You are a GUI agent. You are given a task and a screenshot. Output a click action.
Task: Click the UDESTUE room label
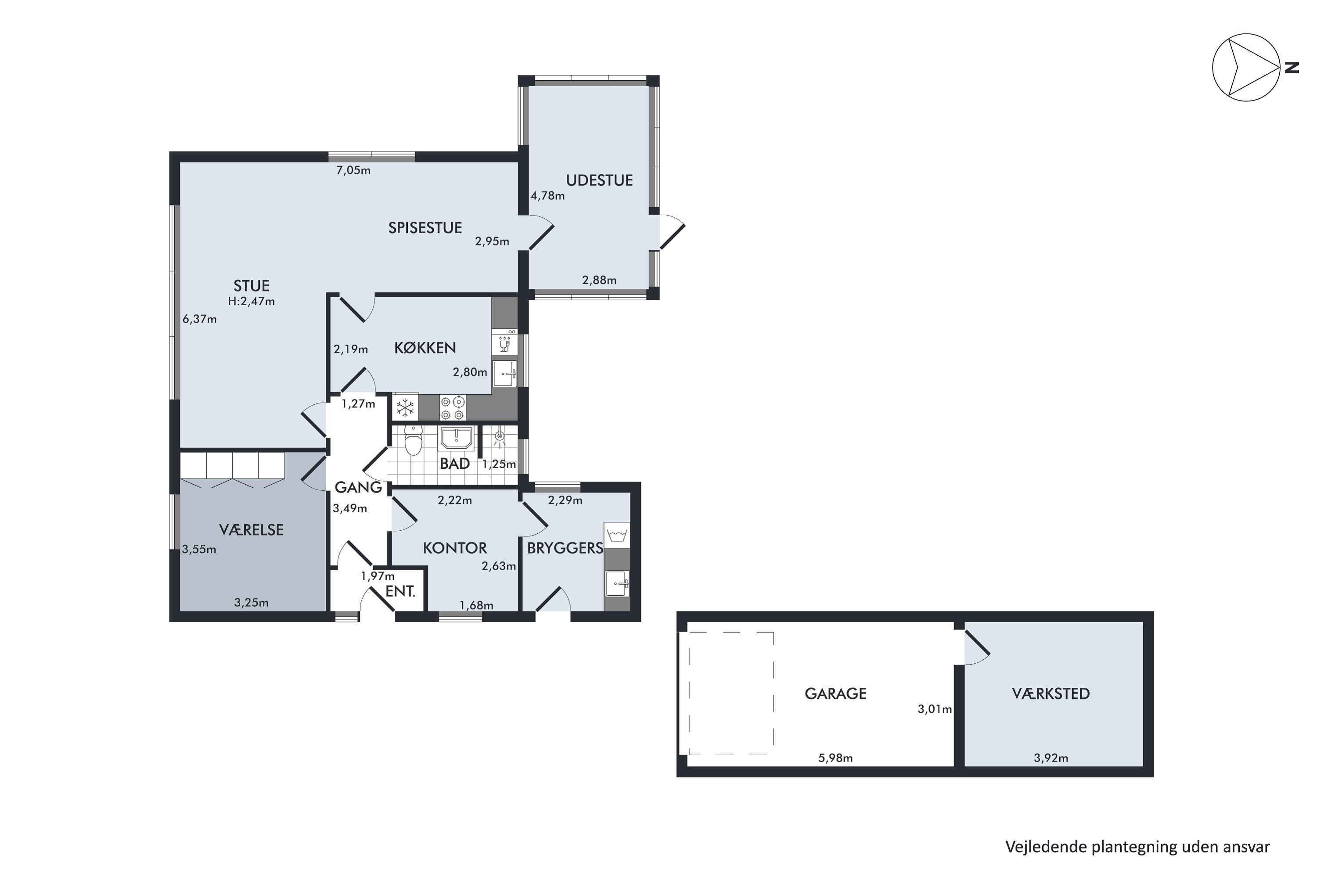(599, 180)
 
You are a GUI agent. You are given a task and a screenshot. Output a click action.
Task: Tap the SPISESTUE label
(425, 228)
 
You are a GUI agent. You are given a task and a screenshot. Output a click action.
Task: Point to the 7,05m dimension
(353, 170)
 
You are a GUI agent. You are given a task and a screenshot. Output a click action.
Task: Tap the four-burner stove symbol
(453, 408)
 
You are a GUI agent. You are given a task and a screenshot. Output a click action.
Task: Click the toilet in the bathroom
(413, 441)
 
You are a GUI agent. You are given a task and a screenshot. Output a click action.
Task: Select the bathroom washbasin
(457, 438)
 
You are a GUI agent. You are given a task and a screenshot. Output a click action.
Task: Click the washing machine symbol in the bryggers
(616, 535)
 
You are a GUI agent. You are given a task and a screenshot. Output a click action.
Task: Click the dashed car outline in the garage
(731, 693)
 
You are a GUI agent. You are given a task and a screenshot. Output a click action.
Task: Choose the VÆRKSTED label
(1051, 694)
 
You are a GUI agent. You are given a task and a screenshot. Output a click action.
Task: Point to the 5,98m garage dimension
(835, 758)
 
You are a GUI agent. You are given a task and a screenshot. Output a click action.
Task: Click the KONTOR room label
(455, 548)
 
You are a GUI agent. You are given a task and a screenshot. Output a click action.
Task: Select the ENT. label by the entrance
(400, 591)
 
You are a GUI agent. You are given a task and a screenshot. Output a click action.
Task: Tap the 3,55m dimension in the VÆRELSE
(199, 549)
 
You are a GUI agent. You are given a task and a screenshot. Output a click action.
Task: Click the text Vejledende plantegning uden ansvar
(1138, 847)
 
